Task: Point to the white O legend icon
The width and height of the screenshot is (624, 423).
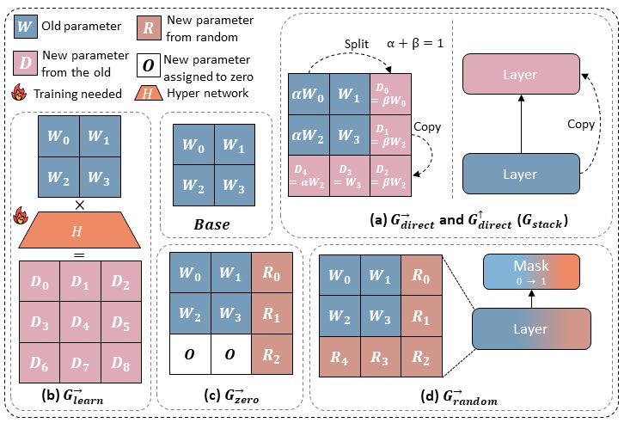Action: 148,66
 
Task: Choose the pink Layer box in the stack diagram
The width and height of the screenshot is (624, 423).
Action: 519,75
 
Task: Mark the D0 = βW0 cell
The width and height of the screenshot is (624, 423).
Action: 389,90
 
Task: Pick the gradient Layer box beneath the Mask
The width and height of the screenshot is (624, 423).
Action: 533,329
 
